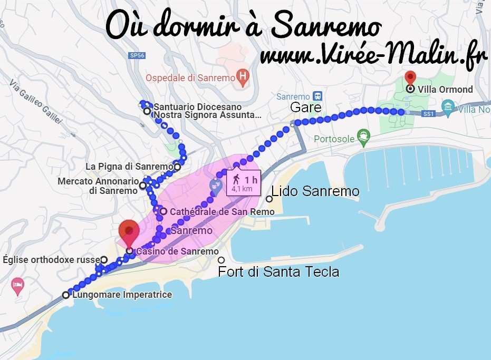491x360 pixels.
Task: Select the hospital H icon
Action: pos(242,77)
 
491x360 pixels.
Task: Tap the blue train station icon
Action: pos(317,96)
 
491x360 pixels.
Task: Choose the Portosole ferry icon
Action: pos(363,139)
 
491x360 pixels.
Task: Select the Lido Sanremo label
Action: pos(315,191)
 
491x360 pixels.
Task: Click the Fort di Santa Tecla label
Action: pos(278,272)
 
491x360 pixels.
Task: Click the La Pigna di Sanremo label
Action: pos(129,167)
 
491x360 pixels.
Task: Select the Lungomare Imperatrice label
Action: pos(122,295)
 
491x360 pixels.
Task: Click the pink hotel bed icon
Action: pos(17,286)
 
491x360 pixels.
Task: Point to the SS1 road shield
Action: pos(428,113)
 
